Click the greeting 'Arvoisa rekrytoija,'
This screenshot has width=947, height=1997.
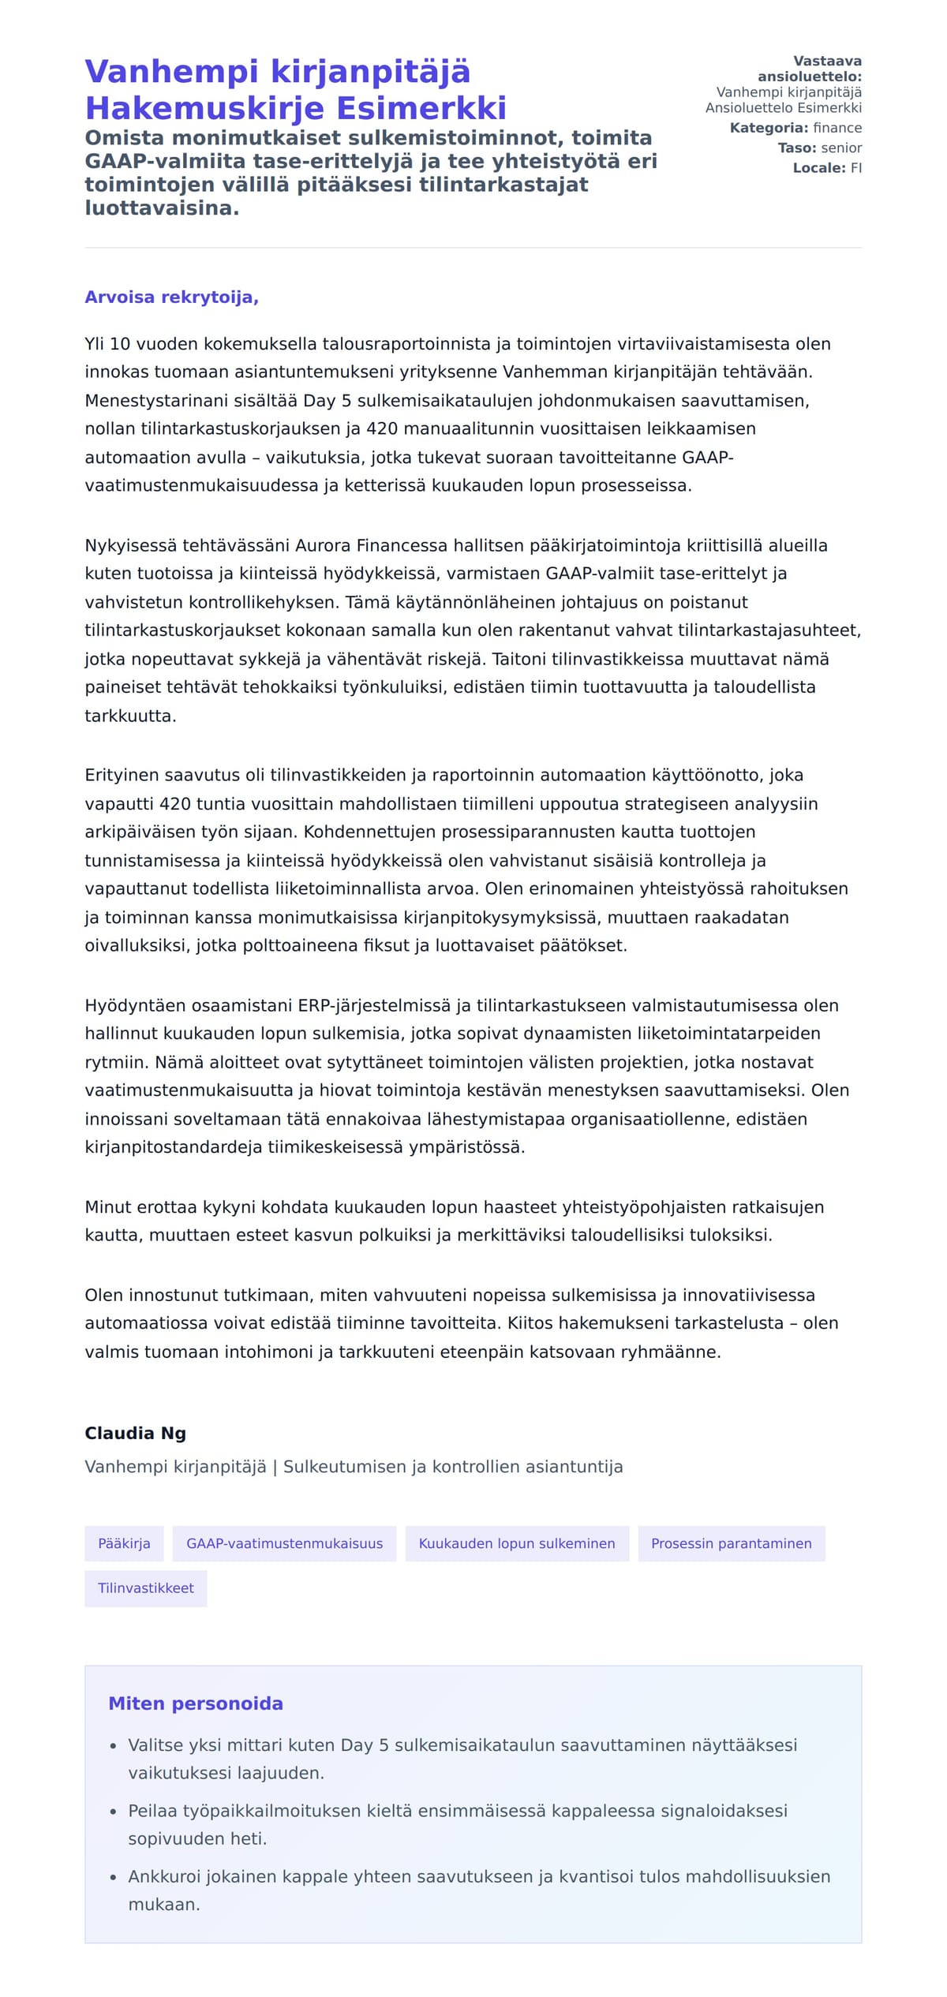(171, 297)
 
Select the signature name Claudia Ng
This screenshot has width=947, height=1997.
(135, 1433)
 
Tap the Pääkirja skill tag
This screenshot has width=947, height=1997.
(124, 1543)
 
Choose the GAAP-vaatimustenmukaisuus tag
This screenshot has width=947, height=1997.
(284, 1543)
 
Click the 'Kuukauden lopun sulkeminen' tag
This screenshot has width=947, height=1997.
(517, 1543)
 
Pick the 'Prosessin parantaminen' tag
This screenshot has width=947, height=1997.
(731, 1543)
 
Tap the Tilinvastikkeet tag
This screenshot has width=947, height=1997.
(146, 1588)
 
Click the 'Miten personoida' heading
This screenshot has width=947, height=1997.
(196, 1703)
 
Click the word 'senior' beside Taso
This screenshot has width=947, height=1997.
(841, 148)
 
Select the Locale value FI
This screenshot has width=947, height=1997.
(856, 167)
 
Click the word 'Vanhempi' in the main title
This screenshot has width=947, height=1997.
(171, 72)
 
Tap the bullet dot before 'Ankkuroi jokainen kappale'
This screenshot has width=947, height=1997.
(114, 1878)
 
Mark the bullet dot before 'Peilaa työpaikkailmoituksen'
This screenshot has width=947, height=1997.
(114, 1812)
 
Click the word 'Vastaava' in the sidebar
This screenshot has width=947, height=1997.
(827, 62)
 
